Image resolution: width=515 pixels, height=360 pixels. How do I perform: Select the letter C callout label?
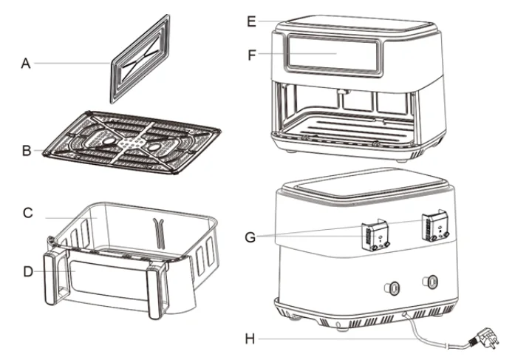(x=27, y=214)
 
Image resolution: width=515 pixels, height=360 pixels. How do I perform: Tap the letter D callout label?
(x=27, y=271)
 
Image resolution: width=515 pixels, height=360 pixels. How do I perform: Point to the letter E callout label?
(x=251, y=21)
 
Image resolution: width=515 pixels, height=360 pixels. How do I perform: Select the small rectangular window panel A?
(x=140, y=67)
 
